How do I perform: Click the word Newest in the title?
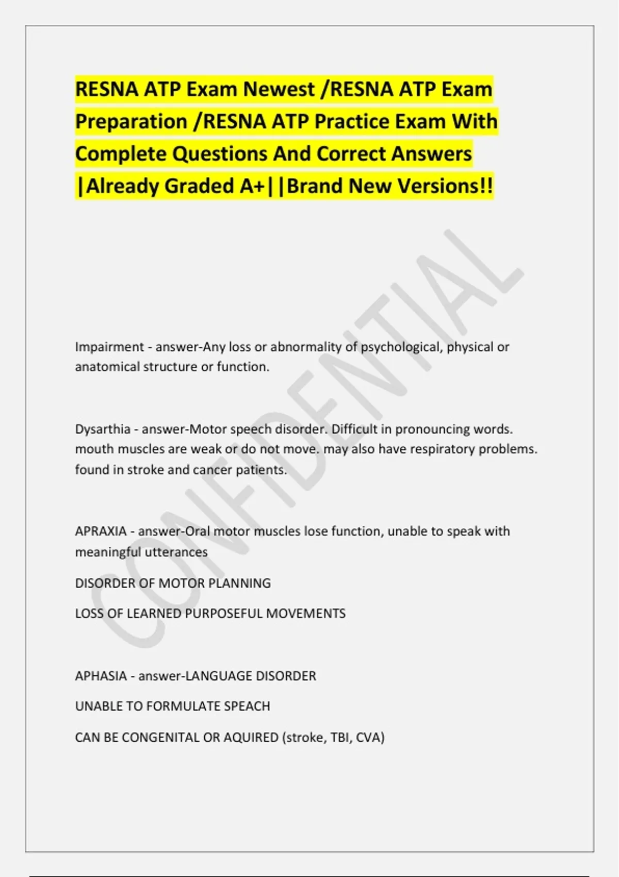[279, 89]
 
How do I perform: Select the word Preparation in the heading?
[131, 122]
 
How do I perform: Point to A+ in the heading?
[253, 186]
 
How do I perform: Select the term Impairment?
[109, 347]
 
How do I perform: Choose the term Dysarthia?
[103, 429]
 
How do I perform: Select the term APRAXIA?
[101, 531]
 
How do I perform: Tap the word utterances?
[176, 552]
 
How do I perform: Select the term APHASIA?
[101, 676]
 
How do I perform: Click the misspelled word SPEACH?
[247, 706]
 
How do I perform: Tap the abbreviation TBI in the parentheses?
[340, 737]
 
